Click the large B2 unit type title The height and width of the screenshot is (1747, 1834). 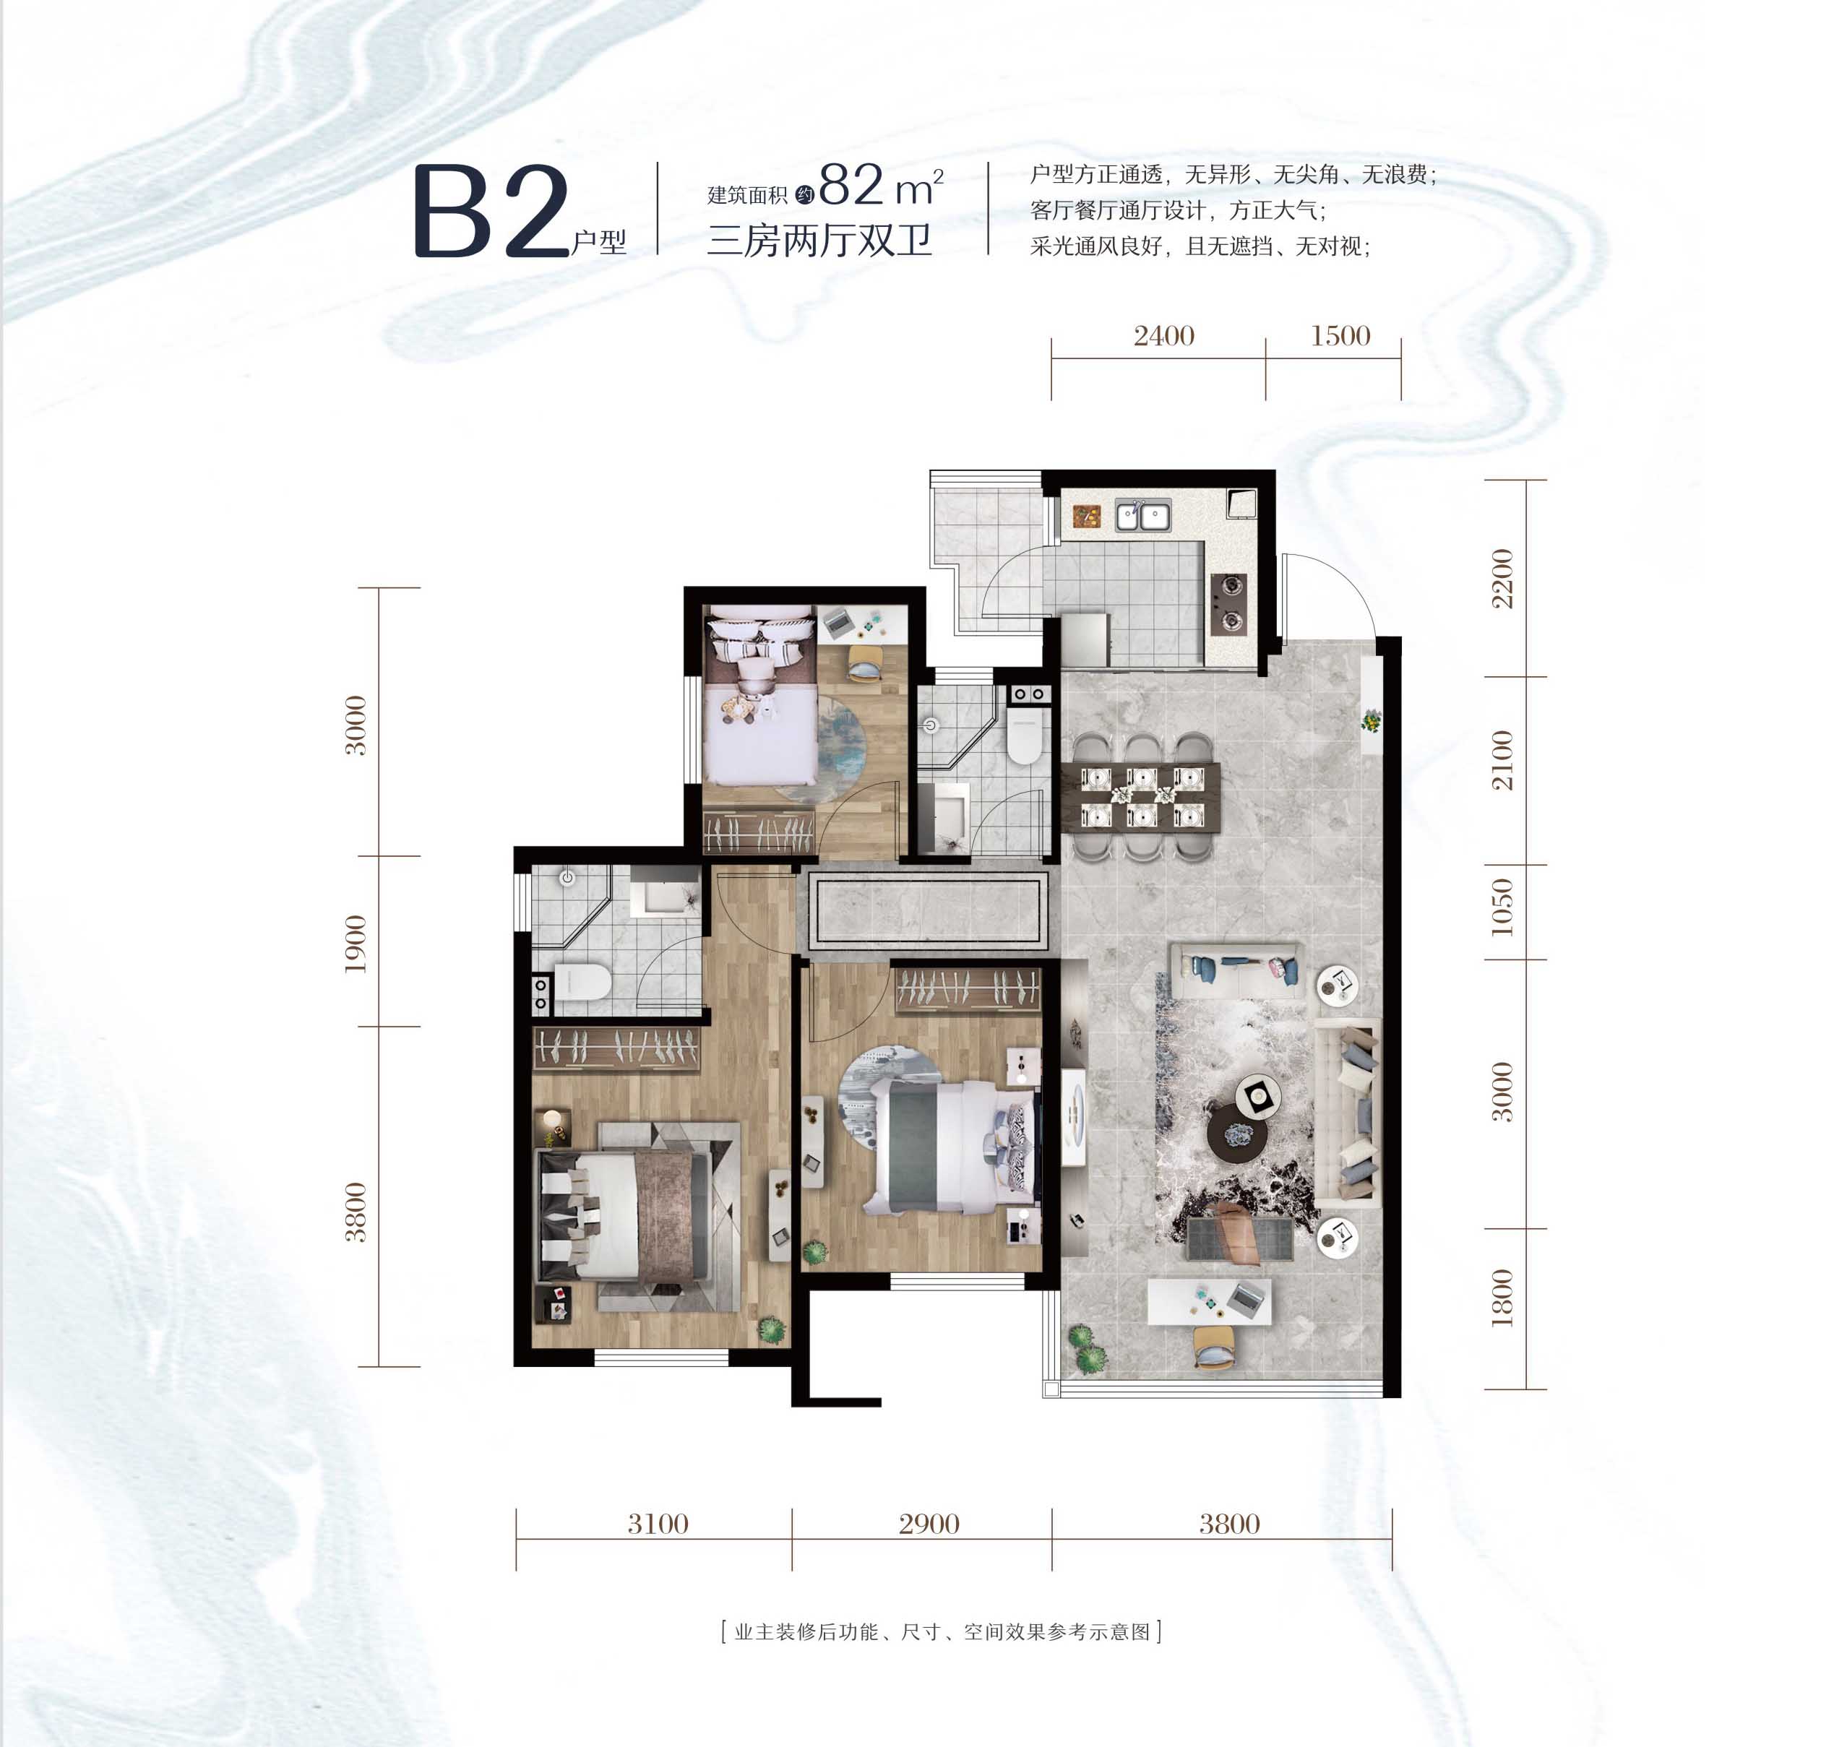click(x=491, y=212)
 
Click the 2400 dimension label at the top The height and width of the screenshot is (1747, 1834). click(x=1163, y=335)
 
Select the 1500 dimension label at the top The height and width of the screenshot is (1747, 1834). click(x=1340, y=335)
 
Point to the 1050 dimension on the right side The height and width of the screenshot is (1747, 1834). click(x=1502, y=906)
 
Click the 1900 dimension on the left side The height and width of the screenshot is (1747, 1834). click(x=356, y=944)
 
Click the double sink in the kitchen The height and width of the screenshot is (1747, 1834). click(x=1143, y=514)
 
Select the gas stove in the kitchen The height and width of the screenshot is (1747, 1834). click(x=1229, y=603)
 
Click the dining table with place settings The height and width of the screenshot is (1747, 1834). click(x=1148, y=796)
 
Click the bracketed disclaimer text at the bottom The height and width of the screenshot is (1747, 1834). click(x=941, y=1632)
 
